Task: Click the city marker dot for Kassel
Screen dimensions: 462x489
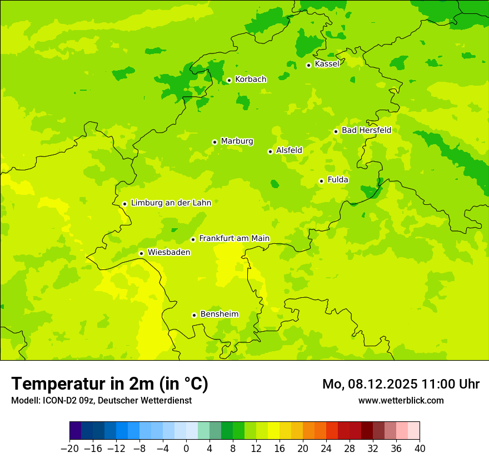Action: click(308, 65)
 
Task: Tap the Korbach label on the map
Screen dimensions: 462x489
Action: click(250, 80)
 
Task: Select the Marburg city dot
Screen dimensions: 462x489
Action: click(214, 142)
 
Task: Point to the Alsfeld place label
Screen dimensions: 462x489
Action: click(289, 150)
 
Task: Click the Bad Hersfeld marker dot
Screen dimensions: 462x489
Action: click(336, 131)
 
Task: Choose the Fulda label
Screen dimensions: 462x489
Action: click(338, 180)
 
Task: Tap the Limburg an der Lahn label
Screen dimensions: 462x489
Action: click(171, 203)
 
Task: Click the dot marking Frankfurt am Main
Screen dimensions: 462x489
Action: click(193, 239)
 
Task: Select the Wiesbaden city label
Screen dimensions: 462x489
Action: click(168, 252)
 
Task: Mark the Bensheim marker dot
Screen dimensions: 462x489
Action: click(194, 315)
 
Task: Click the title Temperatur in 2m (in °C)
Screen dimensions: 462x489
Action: click(109, 384)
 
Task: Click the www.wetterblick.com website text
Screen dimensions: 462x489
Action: click(401, 400)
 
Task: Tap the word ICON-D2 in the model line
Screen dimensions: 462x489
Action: click(57, 400)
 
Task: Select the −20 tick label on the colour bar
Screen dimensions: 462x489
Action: click(69, 449)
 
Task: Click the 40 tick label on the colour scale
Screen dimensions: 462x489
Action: click(420, 449)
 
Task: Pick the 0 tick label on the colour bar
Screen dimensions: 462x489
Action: click(186, 449)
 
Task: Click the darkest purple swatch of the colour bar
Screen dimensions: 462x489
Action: click(75, 431)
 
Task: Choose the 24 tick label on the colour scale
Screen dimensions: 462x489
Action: click(326, 449)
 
